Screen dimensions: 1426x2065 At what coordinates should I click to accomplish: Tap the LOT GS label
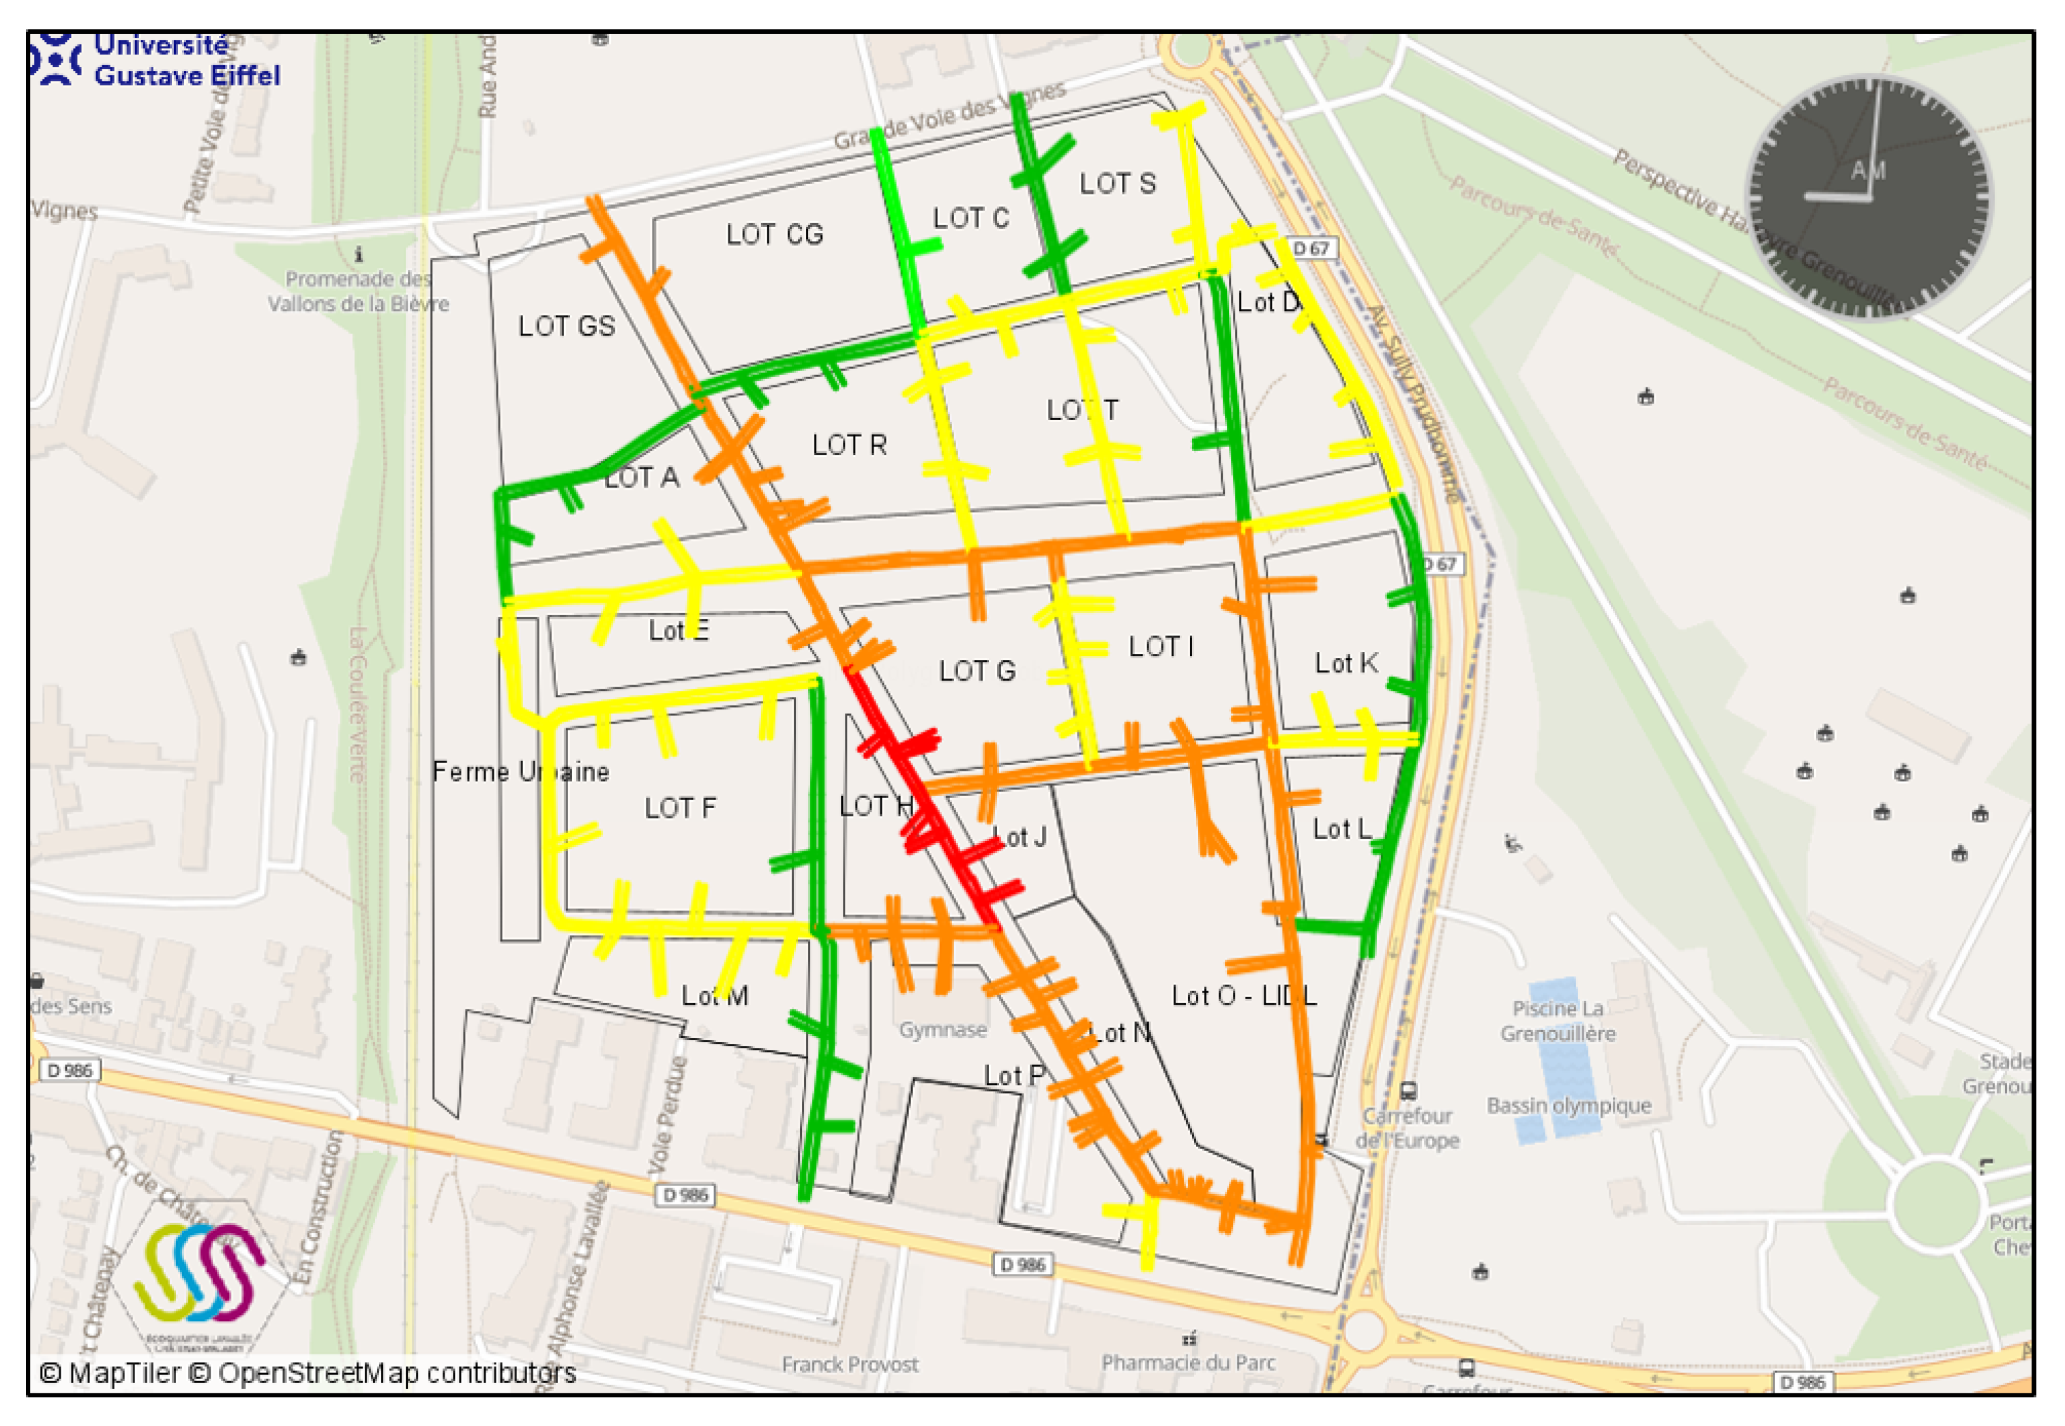click(x=567, y=326)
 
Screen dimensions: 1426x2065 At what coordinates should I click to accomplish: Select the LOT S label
click(x=1117, y=184)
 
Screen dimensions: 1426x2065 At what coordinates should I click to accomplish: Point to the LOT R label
click(x=849, y=445)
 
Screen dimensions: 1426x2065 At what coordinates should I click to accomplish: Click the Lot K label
click(x=1345, y=663)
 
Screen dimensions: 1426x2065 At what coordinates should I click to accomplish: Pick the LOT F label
click(x=680, y=807)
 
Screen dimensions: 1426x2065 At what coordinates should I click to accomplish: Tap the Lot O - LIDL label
click(x=1244, y=996)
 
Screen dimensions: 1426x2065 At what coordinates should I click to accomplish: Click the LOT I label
click(x=1161, y=646)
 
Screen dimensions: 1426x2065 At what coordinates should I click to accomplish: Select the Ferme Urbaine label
click(x=521, y=771)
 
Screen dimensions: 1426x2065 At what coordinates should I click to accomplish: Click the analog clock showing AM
click(x=1869, y=196)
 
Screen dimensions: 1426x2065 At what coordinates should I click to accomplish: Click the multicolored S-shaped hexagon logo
click(x=198, y=1273)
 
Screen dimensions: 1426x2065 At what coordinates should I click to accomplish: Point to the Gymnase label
click(x=942, y=1029)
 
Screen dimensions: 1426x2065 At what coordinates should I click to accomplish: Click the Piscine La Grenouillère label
click(x=1558, y=1020)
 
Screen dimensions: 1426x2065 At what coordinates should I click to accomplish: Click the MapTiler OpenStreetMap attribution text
click(x=308, y=1372)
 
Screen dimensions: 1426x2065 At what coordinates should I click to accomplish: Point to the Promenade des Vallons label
click(x=357, y=291)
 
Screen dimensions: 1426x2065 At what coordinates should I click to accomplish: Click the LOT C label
click(x=970, y=218)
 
